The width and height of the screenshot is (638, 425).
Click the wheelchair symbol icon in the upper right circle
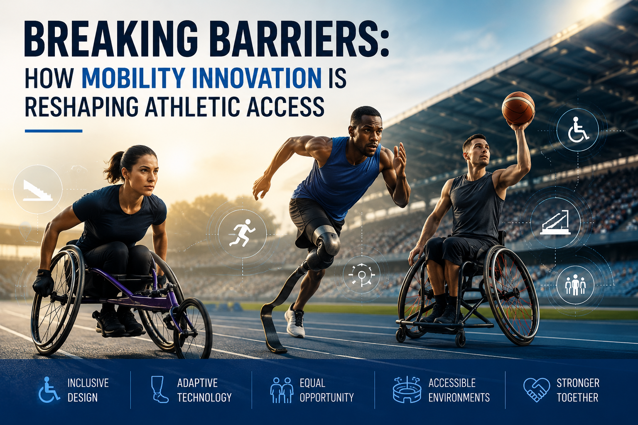point(578,130)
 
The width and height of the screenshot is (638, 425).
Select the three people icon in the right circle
point(575,284)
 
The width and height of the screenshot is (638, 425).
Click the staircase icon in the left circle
point(38,191)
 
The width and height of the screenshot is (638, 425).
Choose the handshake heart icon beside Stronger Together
point(537,390)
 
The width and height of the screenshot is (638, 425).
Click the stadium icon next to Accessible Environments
point(407,389)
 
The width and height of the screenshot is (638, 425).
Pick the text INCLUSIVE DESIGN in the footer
point(88,390)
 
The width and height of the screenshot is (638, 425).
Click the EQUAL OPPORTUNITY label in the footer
point(326,390)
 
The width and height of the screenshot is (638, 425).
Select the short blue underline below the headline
point(54,131)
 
